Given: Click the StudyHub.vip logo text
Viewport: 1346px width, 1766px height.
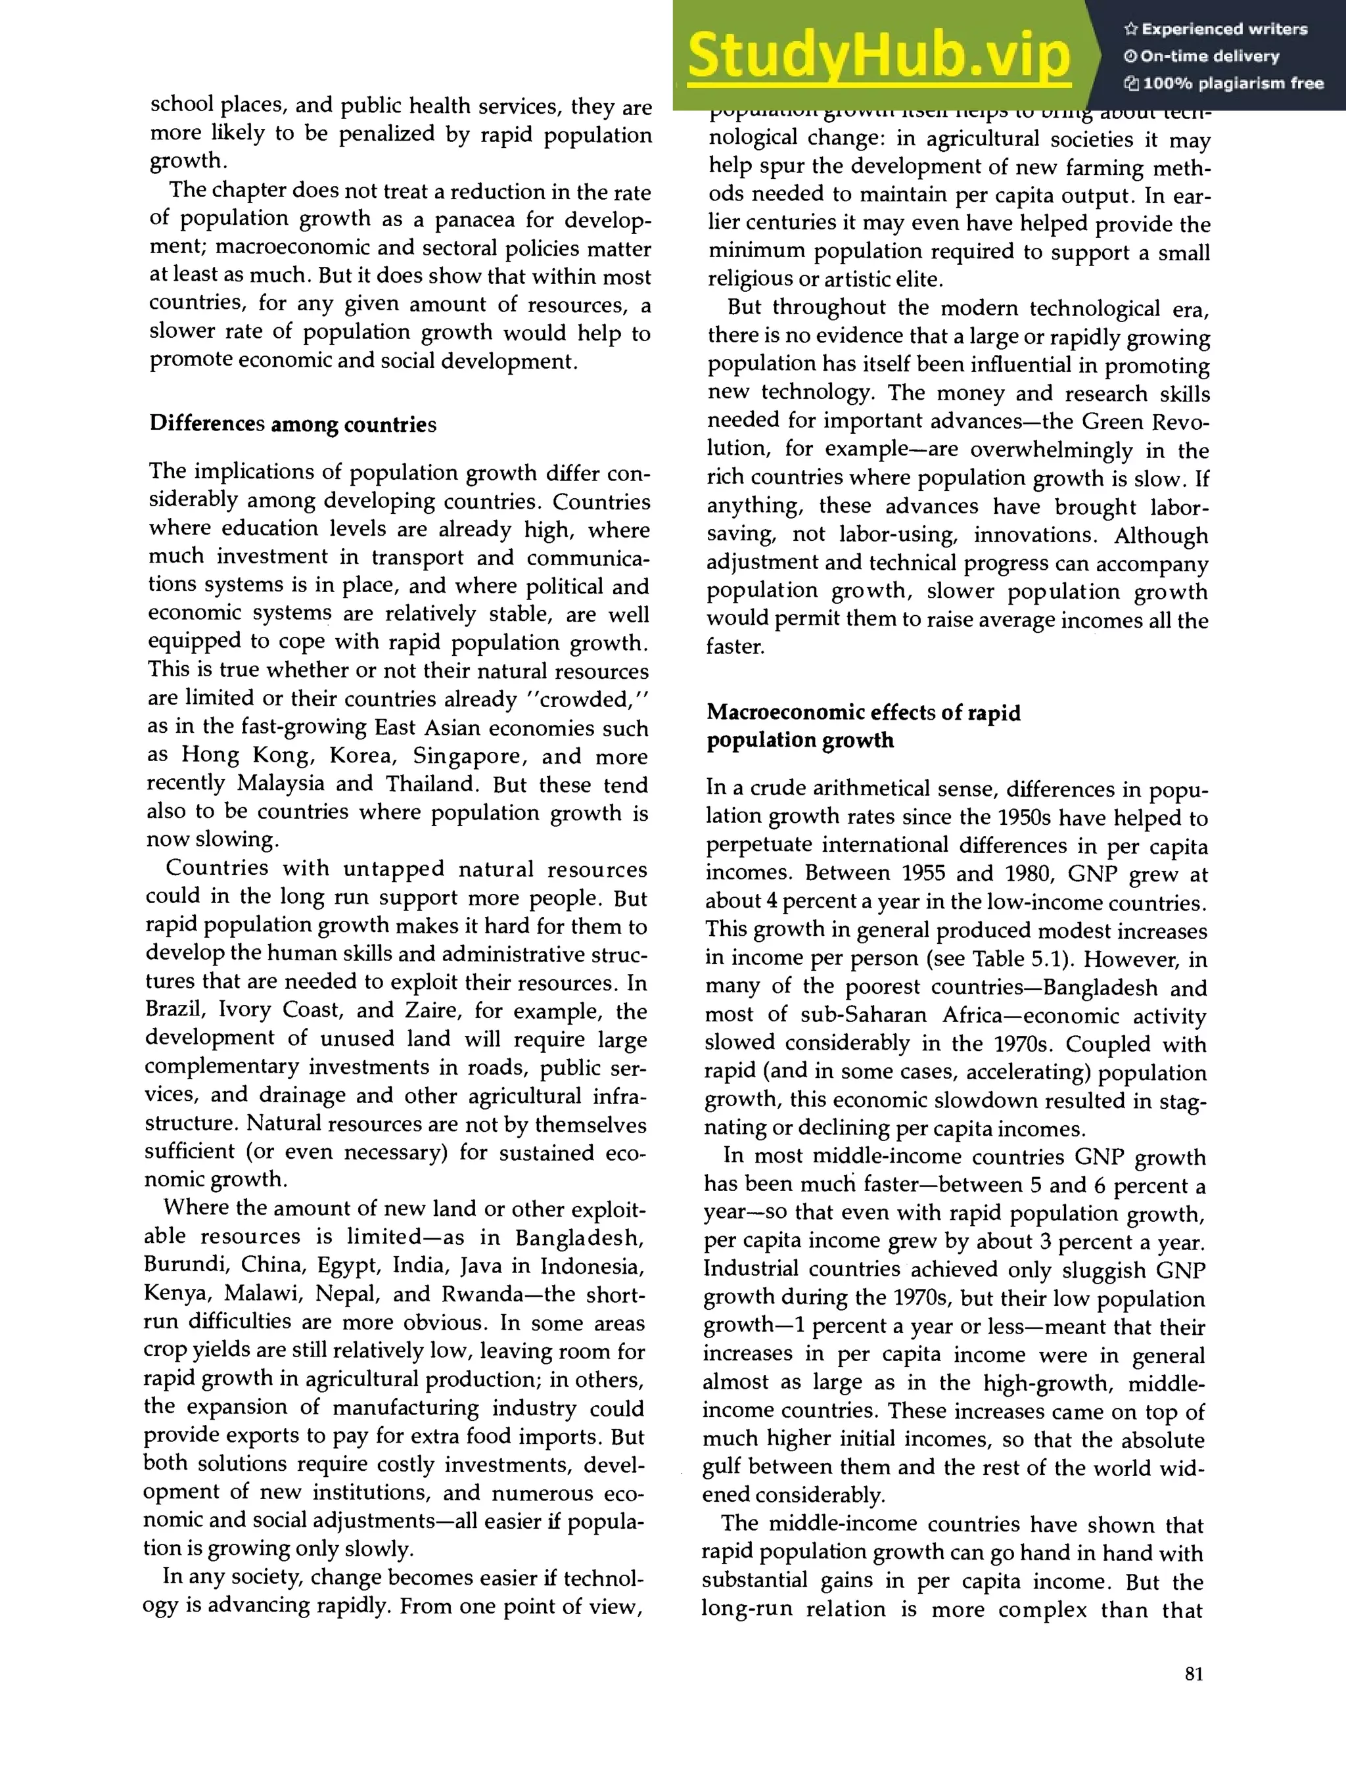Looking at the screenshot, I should tap(879, 56).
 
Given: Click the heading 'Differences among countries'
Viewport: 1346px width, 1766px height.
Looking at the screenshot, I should tap(292, 424).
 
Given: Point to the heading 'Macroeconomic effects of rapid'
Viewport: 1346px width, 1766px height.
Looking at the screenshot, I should tap(863, 712).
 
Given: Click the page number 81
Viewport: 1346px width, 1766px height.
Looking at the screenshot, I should tap(1193, 1674).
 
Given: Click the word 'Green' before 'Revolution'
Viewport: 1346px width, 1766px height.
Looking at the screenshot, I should tap(1113, 421).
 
